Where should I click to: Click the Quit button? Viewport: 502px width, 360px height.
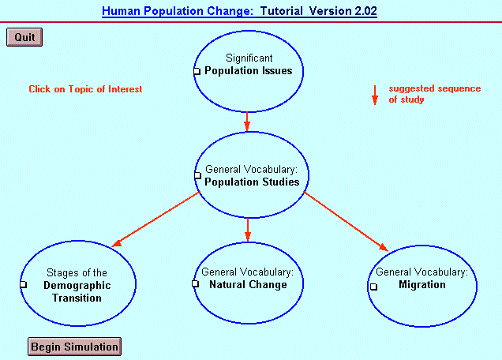(x=24, y=37)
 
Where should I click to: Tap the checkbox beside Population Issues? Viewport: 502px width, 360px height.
(x=197, y=71)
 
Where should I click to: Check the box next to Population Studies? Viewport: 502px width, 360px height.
(x=197, y=175)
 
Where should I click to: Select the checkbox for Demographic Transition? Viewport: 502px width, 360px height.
(x=24, y=284)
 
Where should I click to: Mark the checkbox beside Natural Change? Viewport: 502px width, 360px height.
(x=195, y=283)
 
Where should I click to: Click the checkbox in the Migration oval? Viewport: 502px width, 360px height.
(x=373, y=287)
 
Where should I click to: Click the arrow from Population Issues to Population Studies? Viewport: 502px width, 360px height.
(x=247, y=122)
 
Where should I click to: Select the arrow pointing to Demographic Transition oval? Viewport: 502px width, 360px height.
(x=156, y=219)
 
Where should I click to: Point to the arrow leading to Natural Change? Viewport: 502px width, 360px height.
(x=248, y=230)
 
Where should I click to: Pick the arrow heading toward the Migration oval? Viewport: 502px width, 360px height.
(x=346, y=222)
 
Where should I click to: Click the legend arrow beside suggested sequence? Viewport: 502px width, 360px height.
(x=375, y=95)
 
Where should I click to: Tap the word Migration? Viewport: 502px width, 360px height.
(x=422, y=284)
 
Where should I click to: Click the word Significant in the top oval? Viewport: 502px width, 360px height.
(x=249, y=58)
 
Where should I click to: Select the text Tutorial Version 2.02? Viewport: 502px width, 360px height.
(x=319, y=11)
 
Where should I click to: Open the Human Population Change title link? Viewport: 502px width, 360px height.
(x=178, y=11)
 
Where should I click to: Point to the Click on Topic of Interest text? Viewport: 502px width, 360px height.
(x=85, y=89)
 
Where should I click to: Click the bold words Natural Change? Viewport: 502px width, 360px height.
(x=248, y=284)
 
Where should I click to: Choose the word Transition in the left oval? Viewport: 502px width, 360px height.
(x=77, y=298)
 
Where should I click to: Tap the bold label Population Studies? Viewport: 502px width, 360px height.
(x=252, y=182)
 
